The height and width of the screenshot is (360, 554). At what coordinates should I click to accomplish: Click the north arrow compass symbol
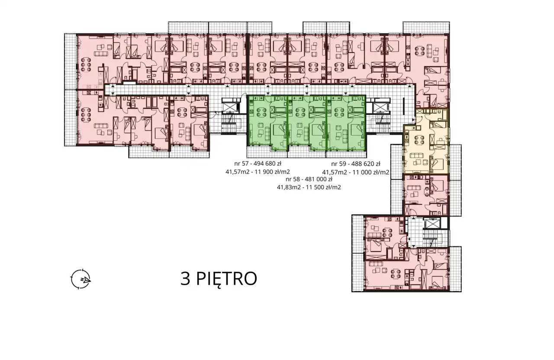pos(81,279)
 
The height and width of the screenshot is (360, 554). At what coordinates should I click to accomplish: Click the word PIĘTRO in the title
pos(226,279)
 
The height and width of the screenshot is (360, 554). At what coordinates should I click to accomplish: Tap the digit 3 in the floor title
pos(186,278)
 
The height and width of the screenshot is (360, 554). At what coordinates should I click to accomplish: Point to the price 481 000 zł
pos(319,179)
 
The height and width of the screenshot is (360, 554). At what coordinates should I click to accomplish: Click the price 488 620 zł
pos(366,164)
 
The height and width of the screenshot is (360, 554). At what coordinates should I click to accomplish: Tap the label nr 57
pos(241,164)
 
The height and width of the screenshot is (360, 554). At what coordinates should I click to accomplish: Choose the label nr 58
pos(293,179)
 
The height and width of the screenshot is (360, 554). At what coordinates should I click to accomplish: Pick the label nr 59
pos(338,164)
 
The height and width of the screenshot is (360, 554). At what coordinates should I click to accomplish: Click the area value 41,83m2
pos(289,187)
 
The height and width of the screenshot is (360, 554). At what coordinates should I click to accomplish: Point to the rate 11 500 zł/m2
pos(323,187)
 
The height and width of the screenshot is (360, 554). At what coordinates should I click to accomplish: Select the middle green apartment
pos(307,123)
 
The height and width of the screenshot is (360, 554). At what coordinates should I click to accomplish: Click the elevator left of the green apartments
pos(230,107)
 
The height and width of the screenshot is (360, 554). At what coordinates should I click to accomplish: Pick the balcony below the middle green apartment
pos(307,154)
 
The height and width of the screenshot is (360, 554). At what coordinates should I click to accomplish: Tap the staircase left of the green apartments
pos(231,124)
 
